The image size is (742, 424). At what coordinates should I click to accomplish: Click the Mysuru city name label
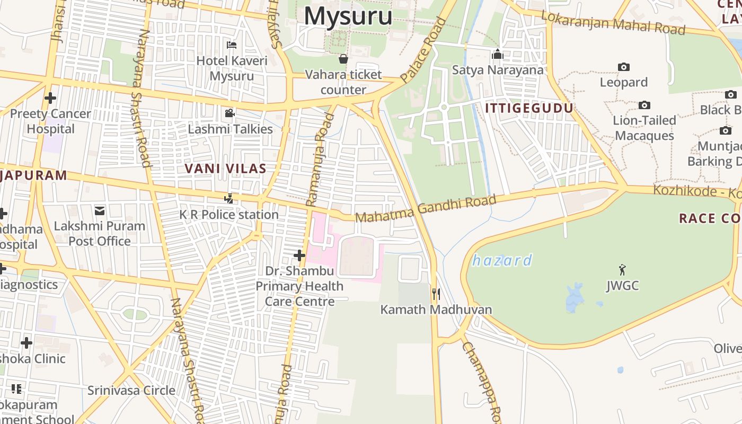click(x=348, y=16)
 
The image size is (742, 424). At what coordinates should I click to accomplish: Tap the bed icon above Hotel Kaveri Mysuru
click(x=232, y=45)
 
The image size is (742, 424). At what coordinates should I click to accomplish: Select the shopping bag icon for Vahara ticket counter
click(x=343, y=58)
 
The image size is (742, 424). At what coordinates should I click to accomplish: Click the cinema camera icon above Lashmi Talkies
click(x=229, y=113)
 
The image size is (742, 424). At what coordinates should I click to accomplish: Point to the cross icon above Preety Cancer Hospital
click(x=50, y=98)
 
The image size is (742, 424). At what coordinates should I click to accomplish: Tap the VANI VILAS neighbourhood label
click(x=225, y=169)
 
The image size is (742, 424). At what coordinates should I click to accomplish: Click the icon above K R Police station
click(x=228, y=199)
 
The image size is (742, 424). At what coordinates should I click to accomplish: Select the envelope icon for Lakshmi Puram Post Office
click(x=100, y=211)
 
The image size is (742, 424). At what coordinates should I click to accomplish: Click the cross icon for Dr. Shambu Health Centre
click(x=299, y=255)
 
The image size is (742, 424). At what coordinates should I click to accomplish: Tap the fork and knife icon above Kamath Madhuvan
click(x=436, y=294)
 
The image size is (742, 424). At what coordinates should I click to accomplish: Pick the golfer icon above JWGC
click(x=622, y=270)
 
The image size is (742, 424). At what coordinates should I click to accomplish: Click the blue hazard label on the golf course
click(x=502, y=260)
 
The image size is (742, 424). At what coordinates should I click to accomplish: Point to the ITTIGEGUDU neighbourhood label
click(x=529, y=108)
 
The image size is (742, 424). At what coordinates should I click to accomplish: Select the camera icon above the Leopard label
click(x=624, y=67)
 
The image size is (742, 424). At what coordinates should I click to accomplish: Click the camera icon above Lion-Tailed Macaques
click(x=644, y=105)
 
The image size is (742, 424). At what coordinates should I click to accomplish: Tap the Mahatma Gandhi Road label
click(x=426, y=209)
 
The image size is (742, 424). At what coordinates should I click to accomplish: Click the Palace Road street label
click(x=423, y=50)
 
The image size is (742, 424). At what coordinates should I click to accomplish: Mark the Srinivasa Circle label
click(x=131, y=391)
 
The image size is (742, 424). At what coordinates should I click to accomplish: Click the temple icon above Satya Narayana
click(x=497, y=54)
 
